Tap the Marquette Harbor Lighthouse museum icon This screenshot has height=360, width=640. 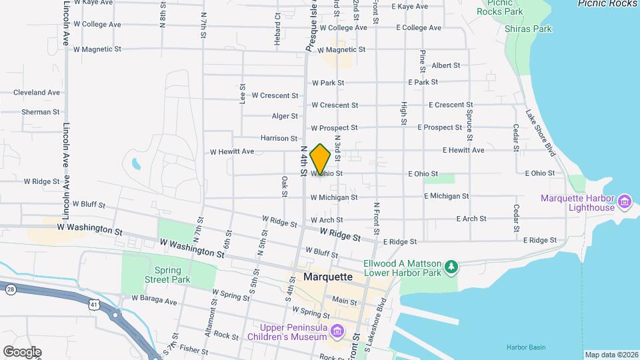tap(625, 200)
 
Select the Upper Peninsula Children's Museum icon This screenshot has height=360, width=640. tap(337, 331)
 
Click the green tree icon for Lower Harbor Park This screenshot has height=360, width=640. tap(452, 267)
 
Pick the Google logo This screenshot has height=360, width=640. tap(22, 352)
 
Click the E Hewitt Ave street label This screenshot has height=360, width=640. tap(463, 151)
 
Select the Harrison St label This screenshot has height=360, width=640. tap(279, 139)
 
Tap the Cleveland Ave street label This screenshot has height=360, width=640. tap(37, 93)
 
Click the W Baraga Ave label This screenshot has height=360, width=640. tap(154, 301)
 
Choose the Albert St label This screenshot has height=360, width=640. tap(446, 65)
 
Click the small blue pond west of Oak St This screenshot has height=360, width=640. tap(137, 163)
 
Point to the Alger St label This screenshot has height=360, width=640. tap(285, 117)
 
